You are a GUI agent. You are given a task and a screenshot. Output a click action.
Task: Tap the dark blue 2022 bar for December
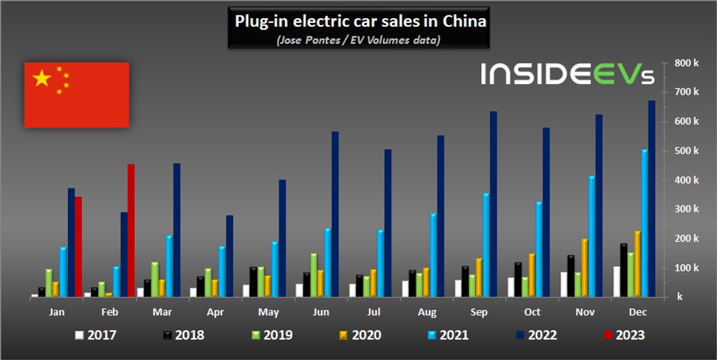pyautogui.click(x=651, y=199)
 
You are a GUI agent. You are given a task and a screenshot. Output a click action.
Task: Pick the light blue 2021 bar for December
pyautogui.click(x=644, y=224)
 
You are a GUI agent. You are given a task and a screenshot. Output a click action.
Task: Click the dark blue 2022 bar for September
pyautogui.click(x=493, y=204)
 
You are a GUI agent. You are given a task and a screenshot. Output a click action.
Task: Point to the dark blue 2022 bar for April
pyautogui.click(x=229, y=256)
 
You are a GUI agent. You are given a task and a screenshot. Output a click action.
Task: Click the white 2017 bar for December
pyautogui.click(x=616, y=282)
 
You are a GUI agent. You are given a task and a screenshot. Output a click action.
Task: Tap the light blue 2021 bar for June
pyautogui.click(x=327, y=263)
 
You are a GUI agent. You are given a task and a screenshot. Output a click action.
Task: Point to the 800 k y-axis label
pyautogui.click(x=688, y=63)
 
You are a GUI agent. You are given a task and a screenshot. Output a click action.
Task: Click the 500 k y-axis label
pyautogui.click(x=688, y=151)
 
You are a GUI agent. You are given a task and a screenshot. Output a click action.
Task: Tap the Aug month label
pyautogui.click(x=426, y=313)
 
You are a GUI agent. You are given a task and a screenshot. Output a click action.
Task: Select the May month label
pyautogui.click(x=267, y=313)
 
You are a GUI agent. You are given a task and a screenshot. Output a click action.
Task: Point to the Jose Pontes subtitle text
pyautogui.click(x=358, y=40)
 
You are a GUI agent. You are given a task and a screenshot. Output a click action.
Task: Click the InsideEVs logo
pyautogui.click(x=567, y=74)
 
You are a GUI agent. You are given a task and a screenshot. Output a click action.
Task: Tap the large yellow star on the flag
pyautogui.click(x=42, y=78)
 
